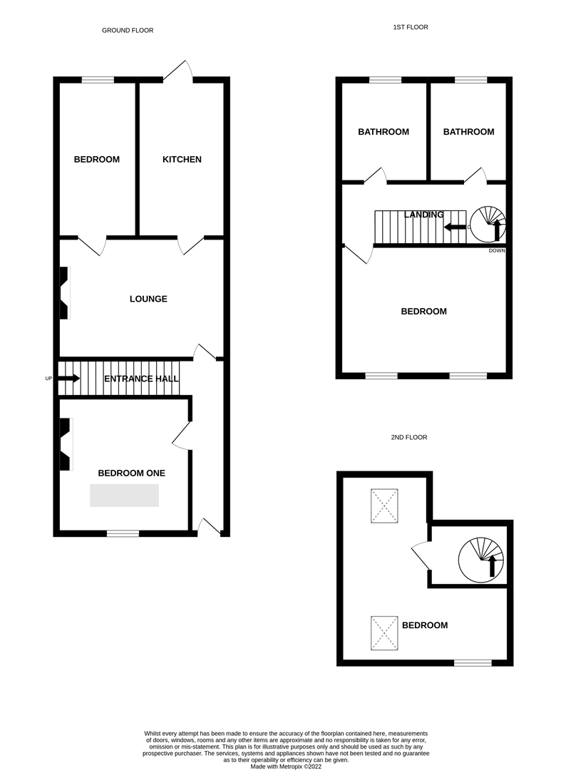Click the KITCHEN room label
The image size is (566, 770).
pyautogui.click(x=182, y=160)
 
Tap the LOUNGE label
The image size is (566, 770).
pyautogui.click(x=148, y=299)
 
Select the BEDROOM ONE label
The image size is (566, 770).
pyautogui.click(x=131, y=473)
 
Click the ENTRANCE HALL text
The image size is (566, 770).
pyautogui.click(x=141, y=379)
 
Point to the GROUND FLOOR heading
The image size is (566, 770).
pyautogui.click(x=128, y=31)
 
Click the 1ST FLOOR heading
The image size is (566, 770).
pyautogui.click(x=411, y=27)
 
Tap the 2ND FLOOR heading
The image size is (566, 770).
pyautogui.click(x=409, y=437)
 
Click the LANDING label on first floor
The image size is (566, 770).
pyautogui.click(x=423, y=215)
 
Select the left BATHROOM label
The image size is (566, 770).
pyautogui.click(x=384, y=132)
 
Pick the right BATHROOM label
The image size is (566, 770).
pyautogui.click(x=468, y=132)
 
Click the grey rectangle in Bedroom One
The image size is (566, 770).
pyautogui.click(x=124, y=495)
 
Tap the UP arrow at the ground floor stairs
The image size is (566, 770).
pyautogui.click(x=68, y=378)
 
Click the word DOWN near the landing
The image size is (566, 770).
pyautogui.click(x=497, y=251)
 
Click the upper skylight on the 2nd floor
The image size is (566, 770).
pyautogui.click(x=385, y=506)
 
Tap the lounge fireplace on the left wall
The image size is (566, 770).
pyautogui.click(x=64, y=293)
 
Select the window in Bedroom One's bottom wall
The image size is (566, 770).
pyautogui.click(x=123, y=533)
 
